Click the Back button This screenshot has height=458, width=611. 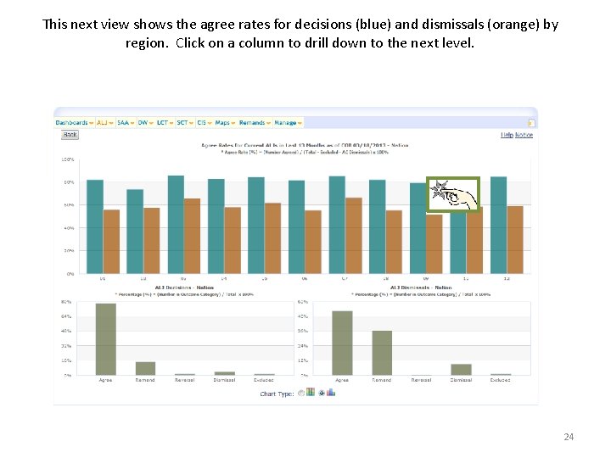click(x=70, y=135)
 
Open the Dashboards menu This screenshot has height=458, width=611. click(x=74, y=123)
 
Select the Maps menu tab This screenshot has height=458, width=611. click(x=224, y=123)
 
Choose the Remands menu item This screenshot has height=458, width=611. click(x=254, y=123)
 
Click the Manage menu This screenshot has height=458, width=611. click(x=287, y=123)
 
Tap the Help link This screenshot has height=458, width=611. click(x=507, y=135)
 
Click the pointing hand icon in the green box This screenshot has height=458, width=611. click(x=453, y=193)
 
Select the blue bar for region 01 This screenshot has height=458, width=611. click(x=95, y=226)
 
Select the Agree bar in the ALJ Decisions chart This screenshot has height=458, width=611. click(x=105, y=338)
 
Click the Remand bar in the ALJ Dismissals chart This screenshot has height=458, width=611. click(x=382, y=353)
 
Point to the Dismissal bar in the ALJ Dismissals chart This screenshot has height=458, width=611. click(x=461, y=369)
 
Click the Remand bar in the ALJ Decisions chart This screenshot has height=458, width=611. click(x=145, y=368)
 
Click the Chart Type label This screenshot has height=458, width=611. click(x=277, y=394)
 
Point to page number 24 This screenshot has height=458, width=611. click(x=569, y=437)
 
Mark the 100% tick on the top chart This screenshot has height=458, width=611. click(x=67, y=159)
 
